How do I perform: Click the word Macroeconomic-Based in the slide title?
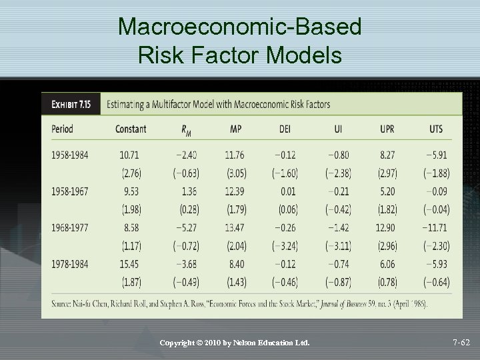pos(239,26)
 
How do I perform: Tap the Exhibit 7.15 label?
pos(71,104)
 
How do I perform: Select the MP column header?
pos(235,129)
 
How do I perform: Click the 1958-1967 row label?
pos(69,191)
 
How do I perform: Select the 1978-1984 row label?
pos(69,264)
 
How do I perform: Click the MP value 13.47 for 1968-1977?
pos(235,228)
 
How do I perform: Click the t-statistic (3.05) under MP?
pos(235,173)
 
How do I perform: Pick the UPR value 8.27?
pos(387,155)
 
